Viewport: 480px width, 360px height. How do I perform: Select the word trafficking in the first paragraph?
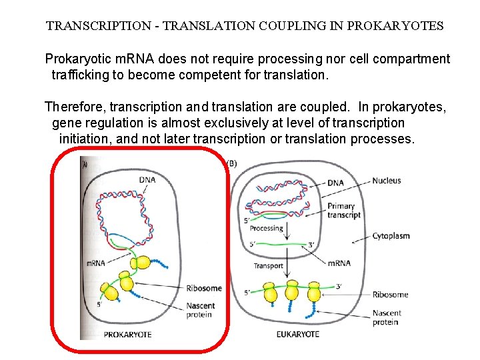[80, 75]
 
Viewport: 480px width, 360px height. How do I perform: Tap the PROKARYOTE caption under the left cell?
[127, 334]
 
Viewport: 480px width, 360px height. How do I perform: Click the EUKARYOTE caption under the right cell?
[297, 334]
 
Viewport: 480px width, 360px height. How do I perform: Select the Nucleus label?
[387, 180]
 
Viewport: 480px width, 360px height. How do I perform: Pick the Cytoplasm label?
[391, 236]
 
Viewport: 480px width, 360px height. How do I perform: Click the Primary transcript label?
[343, 211]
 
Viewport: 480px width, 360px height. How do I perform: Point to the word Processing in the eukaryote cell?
[266, 228]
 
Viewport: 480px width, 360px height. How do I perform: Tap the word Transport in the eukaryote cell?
[268, 265]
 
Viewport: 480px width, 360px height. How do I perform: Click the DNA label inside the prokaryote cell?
[148, 179]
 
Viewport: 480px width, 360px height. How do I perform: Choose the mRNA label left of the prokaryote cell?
[96, 263]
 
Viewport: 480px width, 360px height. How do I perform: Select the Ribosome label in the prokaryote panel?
[203, 288]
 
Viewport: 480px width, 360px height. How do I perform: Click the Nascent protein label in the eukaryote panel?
[385, 317]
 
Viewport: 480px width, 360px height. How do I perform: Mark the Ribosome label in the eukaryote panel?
[390, 294]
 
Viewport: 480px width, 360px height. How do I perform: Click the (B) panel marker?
[233, 163]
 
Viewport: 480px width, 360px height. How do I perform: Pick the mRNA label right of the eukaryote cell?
[339, 263]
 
